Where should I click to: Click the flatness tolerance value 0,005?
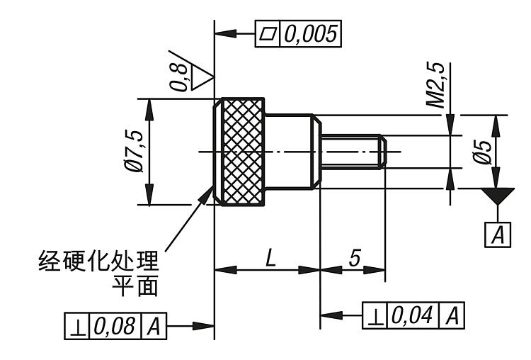coord(311,34)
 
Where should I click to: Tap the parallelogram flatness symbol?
coord(268,34)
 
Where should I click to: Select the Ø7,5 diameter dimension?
coord(135,152)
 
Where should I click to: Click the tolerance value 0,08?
coord(115,327)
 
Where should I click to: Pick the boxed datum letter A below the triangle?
coord(498,235)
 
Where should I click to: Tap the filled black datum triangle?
coord(498,196)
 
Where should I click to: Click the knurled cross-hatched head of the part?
coord(244,151)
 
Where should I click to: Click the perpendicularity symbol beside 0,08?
coord(76,327)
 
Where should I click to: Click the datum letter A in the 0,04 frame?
coord(452,315)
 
